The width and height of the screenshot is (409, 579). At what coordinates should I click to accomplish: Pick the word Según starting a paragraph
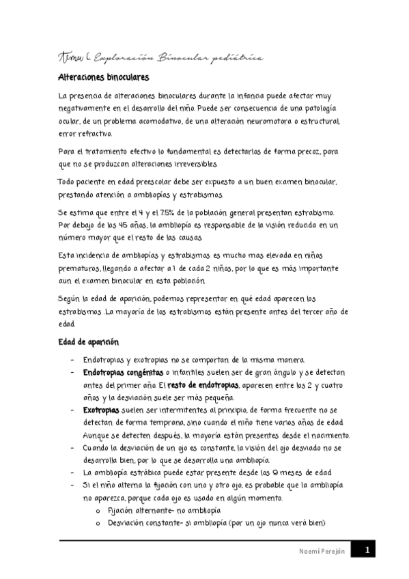[x=70, y=298]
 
